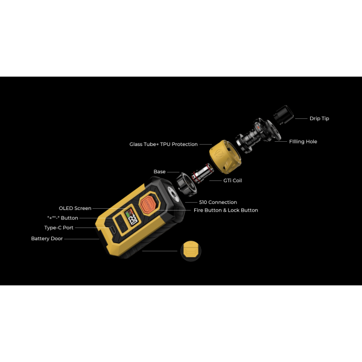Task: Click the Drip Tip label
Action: click(x=319, y=118)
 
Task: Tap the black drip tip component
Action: click(x=284, y=115)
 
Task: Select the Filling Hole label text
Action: click(x=303, y=142)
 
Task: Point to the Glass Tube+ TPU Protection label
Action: click(x=164, y=144)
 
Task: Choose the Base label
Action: click(x=159, y=172)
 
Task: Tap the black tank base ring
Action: click(x=187, y=185)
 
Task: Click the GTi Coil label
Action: click(x=232, y=180)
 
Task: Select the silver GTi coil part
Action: click(x=203, y=173)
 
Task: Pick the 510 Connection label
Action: click(x=218, y=202)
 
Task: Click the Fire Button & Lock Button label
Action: click(x=226, y=211)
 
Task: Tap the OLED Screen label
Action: click(x=75, y=208)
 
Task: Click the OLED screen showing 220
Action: click(x=132, y=217)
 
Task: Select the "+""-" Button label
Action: click(x=63, y=218)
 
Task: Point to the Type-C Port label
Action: click(x=59, y=227)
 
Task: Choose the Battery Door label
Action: click(x=47, y=238)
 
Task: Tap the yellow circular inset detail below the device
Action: click(x=191, y=251)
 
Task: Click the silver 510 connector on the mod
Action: click(x=173, y=193)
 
